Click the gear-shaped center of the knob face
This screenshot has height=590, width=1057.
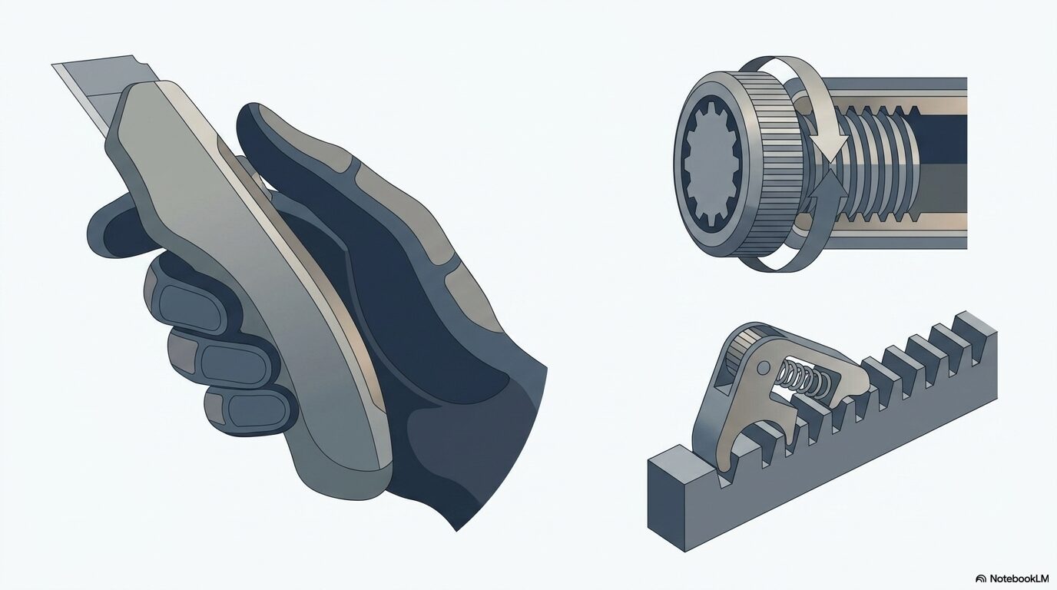[713, 169]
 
